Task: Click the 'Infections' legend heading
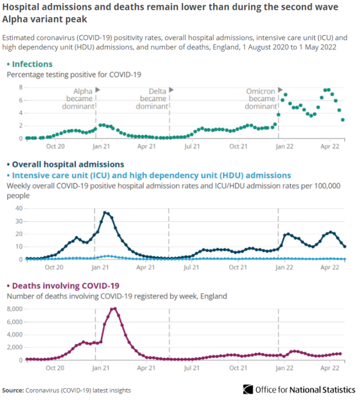(32, 64)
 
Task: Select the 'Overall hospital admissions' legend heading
(67, 164)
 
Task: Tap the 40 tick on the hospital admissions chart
(19, 208)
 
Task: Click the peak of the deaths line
(114, 309)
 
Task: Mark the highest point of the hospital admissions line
(105, 212)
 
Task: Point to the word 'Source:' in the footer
(13, 390)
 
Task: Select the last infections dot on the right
(343, 120)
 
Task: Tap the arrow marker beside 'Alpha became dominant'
(98, 90)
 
